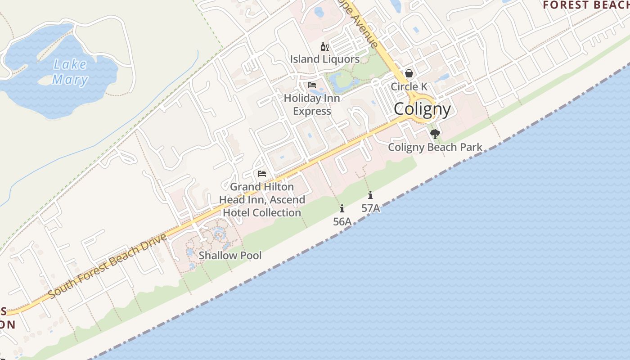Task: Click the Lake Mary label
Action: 70,72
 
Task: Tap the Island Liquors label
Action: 324,59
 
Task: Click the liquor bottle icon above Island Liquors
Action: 324,46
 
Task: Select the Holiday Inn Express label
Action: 312,104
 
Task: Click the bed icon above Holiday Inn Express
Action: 312,85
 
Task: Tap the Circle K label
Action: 409,86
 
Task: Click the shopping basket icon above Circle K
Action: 409,73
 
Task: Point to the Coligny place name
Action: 422,109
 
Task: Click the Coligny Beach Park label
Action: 435,147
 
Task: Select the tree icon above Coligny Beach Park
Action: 435,134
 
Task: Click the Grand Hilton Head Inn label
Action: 262,199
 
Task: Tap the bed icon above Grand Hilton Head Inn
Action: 262,174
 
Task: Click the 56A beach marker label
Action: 342,221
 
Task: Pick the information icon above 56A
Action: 342,208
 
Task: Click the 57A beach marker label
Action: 370,208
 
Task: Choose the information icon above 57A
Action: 370,195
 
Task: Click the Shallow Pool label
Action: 230,256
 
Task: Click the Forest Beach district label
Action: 585,5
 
